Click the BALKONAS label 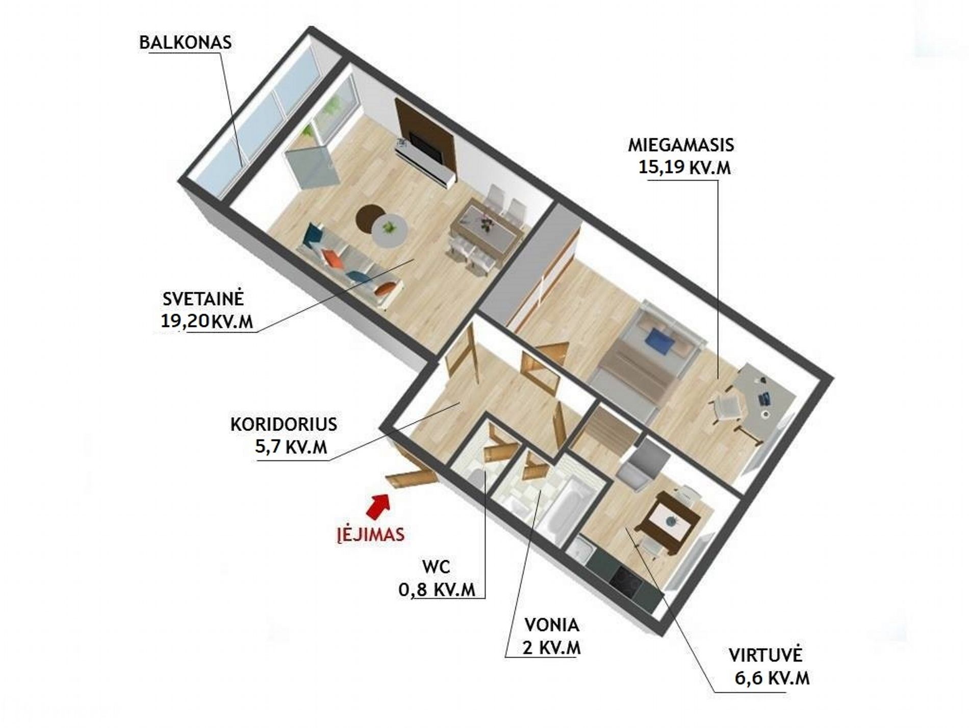186,42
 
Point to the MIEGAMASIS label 681,145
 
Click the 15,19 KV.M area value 684,167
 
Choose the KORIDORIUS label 284,424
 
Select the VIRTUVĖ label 766,654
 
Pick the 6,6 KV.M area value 772,678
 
